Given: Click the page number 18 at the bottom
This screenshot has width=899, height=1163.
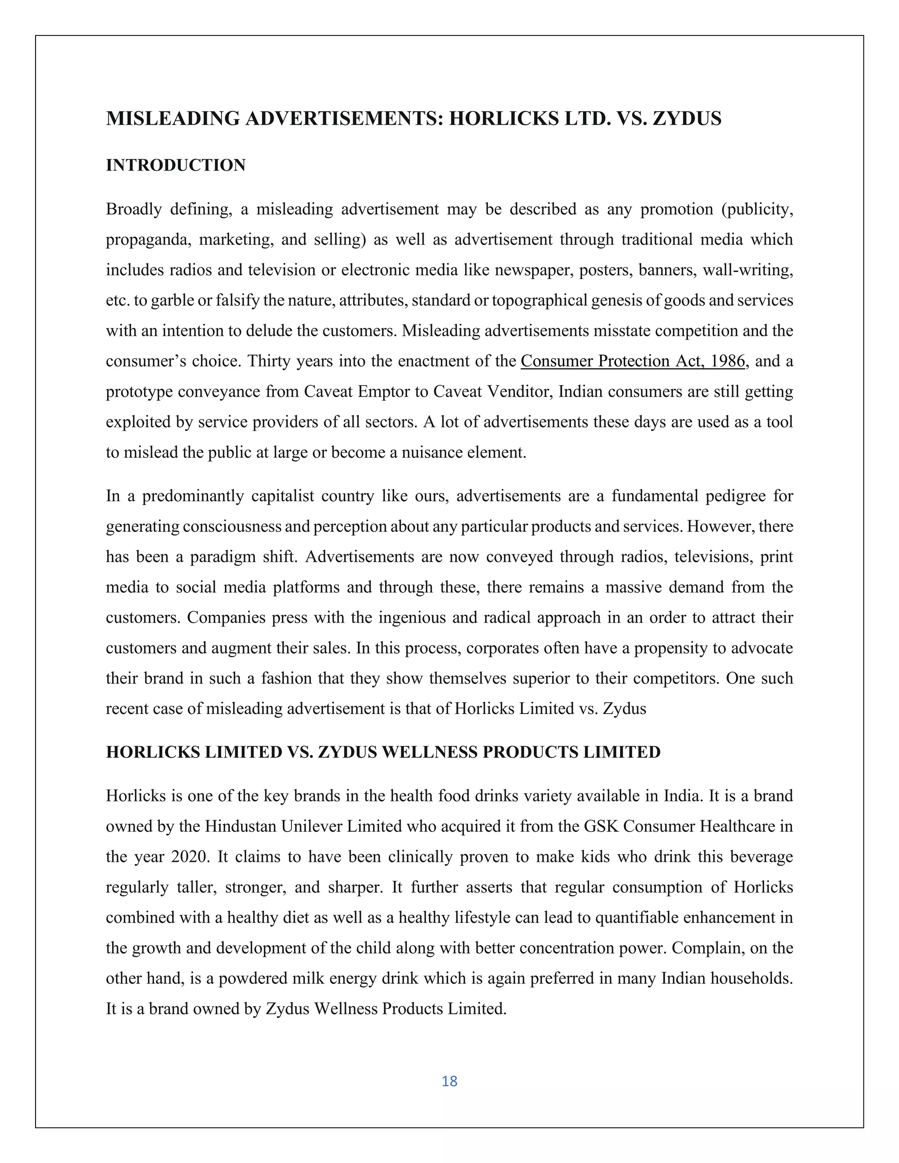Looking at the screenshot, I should click(449, 1081).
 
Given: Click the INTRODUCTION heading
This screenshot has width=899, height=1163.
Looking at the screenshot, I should click(176, 165).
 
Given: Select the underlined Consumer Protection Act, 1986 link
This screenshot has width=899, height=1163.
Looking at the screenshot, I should click(633, 361).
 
